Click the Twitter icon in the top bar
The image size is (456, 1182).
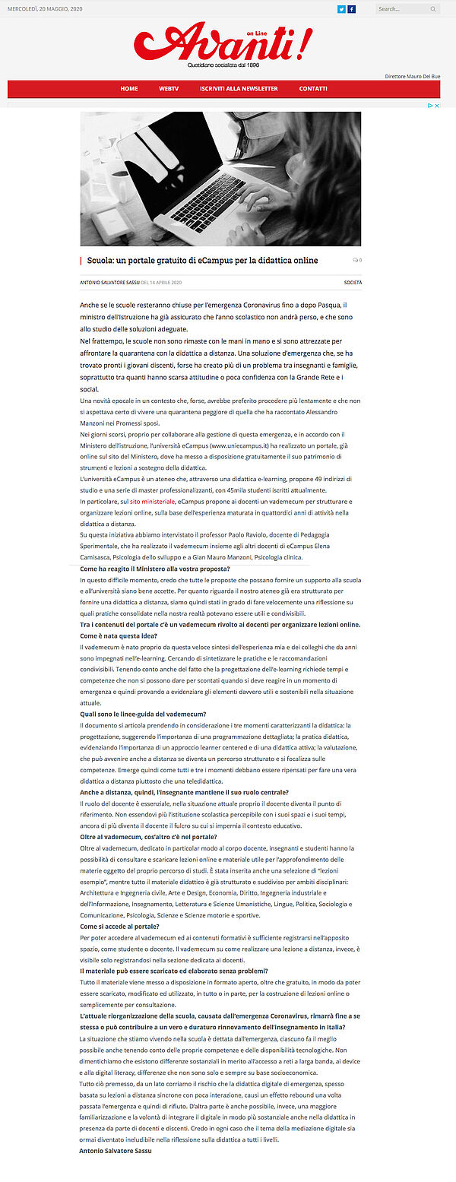tap(342, 9)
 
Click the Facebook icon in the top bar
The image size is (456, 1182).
tap(352, 9)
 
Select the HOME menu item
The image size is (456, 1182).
tap(129, 89)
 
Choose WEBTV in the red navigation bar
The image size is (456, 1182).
tap(169, 89)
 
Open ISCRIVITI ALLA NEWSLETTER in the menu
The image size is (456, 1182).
tap(239, 89)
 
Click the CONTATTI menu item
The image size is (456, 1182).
tap(313, 89)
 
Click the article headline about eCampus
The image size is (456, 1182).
tap(202, 261)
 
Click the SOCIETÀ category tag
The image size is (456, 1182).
tap(353, 283)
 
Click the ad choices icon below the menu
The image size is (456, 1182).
tap(434, 106)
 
